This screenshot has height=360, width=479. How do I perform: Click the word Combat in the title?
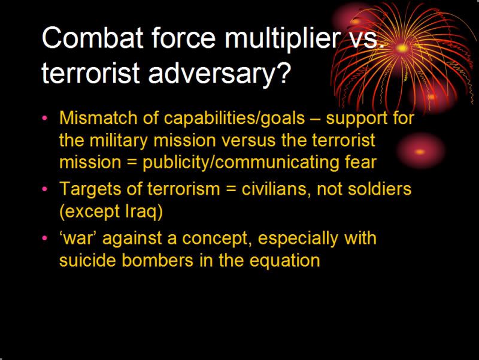pyautogui.click(x=93, y=38)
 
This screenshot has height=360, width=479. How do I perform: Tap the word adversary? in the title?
pyautogui.click(x=219, y=74)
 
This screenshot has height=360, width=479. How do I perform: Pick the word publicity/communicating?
pyautogui.click(x=241, y=163)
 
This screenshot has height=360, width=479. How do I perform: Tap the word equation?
pyautogui.click(x=285, y=261)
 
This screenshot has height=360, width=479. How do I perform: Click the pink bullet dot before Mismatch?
pyautogui.click(x=45, y=118)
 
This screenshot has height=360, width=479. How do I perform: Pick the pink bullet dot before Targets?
pyautogui.click(x=45, y=189)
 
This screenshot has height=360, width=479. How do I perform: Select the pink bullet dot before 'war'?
pyautogui.click(x=45, y=238)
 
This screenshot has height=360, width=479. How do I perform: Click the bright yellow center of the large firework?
pyautogui.click(x=402, y=48)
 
